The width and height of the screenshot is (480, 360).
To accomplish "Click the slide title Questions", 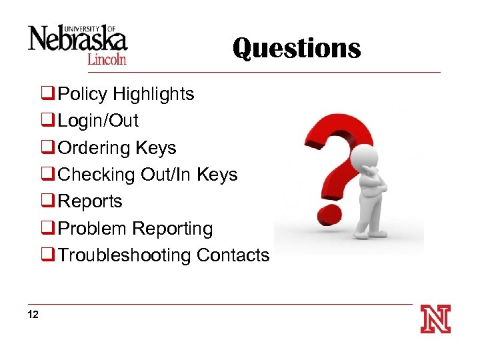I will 297,48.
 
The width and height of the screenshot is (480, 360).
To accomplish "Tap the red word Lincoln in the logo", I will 107,59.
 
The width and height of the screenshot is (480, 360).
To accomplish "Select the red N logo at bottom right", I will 435,319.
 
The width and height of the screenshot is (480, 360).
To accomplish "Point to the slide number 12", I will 33,314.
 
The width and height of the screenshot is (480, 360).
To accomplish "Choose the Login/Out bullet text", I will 99,121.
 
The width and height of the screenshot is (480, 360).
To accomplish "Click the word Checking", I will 97,174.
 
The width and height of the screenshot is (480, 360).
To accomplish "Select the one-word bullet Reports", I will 91,201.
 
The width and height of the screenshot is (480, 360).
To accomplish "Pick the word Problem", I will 93,228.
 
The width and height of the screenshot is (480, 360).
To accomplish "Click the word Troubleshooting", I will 125,255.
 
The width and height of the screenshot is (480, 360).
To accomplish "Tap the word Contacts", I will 233,255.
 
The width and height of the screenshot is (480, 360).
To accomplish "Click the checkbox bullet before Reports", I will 47,201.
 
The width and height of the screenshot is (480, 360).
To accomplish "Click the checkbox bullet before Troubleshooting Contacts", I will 47,255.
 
